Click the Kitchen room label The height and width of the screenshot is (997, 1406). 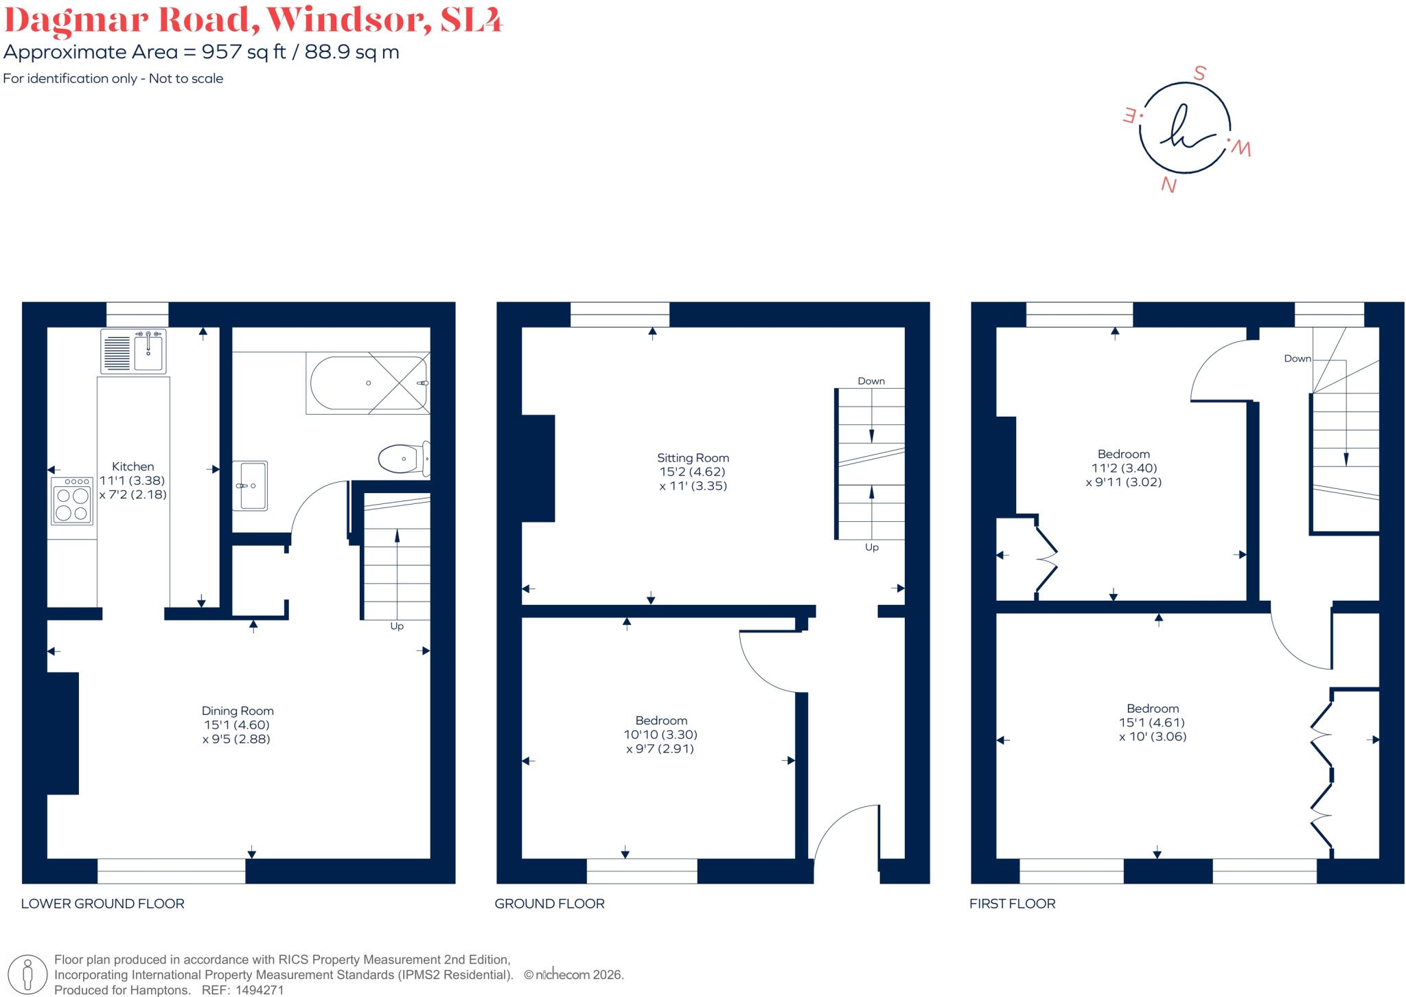point(133,466)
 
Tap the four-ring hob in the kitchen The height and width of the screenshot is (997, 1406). point(72,501)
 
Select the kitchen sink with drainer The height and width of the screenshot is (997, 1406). point(133,351)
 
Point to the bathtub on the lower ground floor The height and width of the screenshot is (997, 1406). point(369,383)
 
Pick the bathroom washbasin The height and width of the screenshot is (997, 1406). point(250,486)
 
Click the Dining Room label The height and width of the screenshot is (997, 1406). point(238,711)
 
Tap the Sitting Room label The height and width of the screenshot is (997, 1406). point(693,458)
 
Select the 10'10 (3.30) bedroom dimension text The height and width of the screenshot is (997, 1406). point(660,735)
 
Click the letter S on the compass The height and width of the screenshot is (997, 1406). point(1199,73)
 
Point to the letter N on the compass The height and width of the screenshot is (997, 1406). point(1168,185)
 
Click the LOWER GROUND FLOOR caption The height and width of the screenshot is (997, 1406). point(103,904)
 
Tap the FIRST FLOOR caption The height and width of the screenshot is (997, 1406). point(1013,904)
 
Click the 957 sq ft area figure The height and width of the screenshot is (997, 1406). point(244,52)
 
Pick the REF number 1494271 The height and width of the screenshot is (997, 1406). point(260,990)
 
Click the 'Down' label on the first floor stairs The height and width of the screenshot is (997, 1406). point(1298,358)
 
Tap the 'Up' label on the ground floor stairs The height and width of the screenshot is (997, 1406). point(872,547)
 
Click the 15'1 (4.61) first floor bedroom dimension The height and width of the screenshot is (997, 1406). point(1152,722)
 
